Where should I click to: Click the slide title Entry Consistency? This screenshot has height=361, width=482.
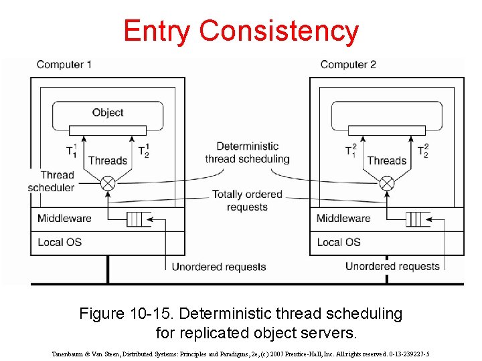[x=241, y=31]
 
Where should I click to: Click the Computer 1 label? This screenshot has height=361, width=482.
[x=64, y=65]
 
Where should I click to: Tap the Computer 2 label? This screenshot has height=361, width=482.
[x=348, y=65]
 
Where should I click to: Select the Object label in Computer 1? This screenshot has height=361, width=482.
[x=108, y=112]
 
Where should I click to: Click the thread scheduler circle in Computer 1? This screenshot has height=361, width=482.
[x=108, y=183]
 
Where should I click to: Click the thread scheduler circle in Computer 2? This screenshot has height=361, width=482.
[x=387, y=183]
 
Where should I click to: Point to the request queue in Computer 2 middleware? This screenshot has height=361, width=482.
[x=417, y=219]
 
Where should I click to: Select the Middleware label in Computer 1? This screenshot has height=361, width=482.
[x=64, y=219]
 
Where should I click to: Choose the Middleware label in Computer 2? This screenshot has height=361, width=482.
[x=343, y=219]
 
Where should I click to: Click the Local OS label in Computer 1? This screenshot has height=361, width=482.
[x=60, y=241]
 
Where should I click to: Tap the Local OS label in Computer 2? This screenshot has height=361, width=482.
[x=339, y=241]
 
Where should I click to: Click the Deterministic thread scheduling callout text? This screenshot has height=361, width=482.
[x=247, y=152]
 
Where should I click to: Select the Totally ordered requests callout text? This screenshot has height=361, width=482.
[x=247, y=201]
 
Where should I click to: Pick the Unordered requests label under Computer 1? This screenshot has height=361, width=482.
[x=219, y=267]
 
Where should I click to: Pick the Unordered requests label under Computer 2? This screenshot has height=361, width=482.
[x=392, y=266]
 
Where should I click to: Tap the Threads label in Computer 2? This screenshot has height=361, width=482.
[x=387, y=160]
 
